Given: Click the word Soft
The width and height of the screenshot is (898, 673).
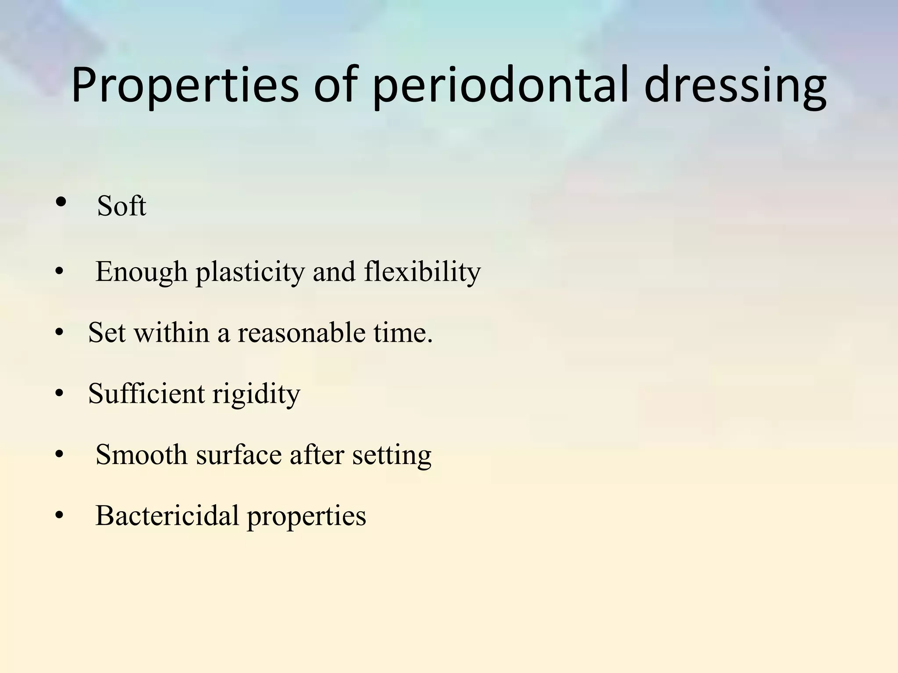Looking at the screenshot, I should click(121, 205).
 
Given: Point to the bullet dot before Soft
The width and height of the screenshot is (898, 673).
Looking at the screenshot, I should click(61, 202).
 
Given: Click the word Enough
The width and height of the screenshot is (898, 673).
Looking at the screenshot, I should click(141, 272).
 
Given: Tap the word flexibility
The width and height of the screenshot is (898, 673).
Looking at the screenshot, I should click(422, 272).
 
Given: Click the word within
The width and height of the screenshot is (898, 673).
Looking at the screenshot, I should click(171, 333).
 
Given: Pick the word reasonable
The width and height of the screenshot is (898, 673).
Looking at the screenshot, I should click(301, 333).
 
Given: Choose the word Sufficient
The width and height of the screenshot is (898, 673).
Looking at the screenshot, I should click(146, 393).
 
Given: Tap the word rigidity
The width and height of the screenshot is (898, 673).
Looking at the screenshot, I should click(257, 394).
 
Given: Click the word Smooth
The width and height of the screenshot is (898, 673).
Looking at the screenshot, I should click(141, 454).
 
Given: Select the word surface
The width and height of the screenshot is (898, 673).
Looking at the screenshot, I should click(239, 454).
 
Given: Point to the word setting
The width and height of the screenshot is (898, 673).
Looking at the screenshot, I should click(392, 455).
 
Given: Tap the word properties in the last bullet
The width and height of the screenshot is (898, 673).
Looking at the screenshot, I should click(306, 516).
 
